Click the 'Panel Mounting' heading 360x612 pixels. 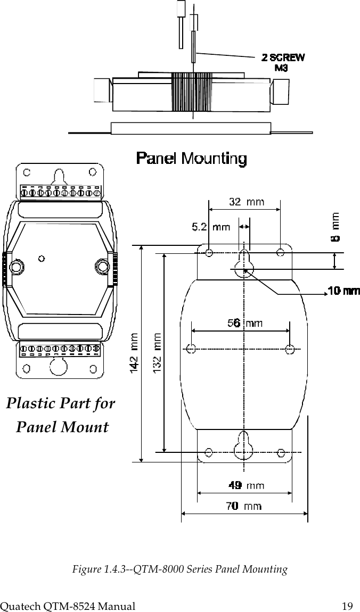(191, 159)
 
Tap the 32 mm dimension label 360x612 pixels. (246, 202)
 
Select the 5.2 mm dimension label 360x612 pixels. (211, 227)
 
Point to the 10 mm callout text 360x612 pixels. (343, 291)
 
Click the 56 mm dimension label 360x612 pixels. (245, 323)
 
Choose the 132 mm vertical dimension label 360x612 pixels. (158, 352)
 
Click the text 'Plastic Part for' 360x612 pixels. (60, 403)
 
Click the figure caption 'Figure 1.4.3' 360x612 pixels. (179, 570)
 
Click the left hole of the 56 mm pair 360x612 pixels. (191, 349)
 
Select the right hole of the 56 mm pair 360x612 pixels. (290, 349)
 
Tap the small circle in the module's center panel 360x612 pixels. (42, 259)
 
